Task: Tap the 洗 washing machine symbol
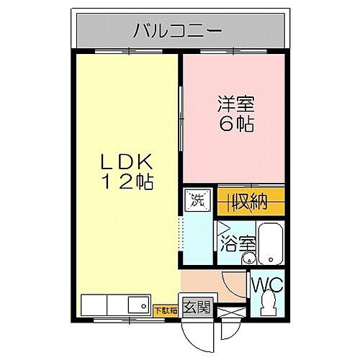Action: [x=197, y=201]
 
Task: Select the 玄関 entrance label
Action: [x=197, y=307]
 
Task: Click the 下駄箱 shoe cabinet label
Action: [x=165, y=310]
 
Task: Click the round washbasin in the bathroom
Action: [x=249, y=259]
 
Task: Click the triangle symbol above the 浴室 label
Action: [x=222, y=228]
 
